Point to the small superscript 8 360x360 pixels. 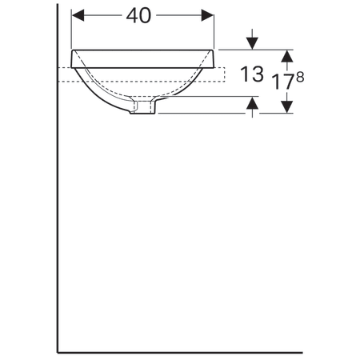point(300,77)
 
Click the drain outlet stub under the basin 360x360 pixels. point(144,106)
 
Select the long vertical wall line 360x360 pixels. point(58,200)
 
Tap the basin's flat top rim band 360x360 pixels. point(145,58)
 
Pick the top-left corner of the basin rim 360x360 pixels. point(74,50)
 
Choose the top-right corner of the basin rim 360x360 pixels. point(215,50)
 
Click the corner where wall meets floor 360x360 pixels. point(58,351)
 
